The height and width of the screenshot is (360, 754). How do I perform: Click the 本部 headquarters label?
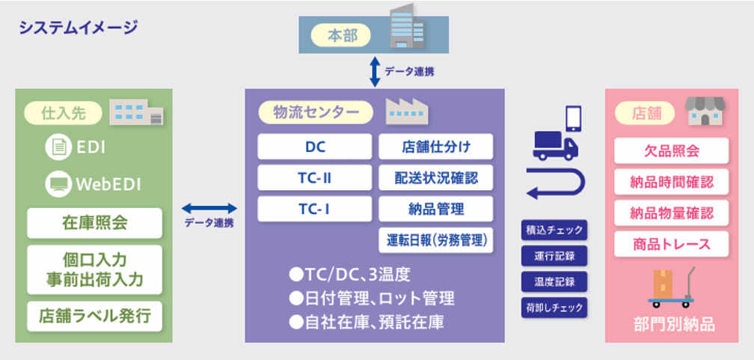click(x=343, y=36)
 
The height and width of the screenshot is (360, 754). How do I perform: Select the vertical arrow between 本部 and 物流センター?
click(x=375, y=72)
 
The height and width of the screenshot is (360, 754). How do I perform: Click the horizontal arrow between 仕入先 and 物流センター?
click(x=209, y=208)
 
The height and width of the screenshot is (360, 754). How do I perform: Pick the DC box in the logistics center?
click(x=314, y=146)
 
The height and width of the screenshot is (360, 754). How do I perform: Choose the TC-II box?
click(x=314, y=177)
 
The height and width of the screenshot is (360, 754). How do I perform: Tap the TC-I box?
click(x=314, y=209)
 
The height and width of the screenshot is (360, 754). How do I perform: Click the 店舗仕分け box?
click(x=435, y=146)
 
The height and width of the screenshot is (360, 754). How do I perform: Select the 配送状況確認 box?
click(x=435, y=177)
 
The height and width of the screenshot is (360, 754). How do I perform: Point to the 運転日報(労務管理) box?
click(x=435, y=240)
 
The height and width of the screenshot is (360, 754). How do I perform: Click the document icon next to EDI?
click(x=58, y=147)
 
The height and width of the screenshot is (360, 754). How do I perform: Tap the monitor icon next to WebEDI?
click(x=58, y=183)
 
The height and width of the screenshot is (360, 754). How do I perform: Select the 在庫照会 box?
click(x=95, y=223)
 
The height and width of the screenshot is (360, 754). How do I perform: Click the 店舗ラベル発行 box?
click(x=95, y=316)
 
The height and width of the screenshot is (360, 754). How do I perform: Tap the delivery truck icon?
click(x=555, y=146)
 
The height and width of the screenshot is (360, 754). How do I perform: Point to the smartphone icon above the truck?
click(x=573, y=118)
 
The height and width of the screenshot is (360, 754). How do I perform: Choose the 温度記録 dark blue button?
click(x=554, y=281)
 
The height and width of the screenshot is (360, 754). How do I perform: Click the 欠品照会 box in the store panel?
click(x=671, y=150)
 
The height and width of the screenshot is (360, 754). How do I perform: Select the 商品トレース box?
click(x=671, y=244)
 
